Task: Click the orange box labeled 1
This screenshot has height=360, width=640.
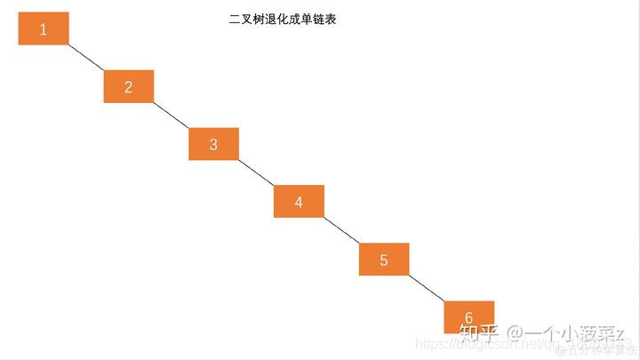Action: click(43, 28)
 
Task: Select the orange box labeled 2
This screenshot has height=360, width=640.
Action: click(128, 86)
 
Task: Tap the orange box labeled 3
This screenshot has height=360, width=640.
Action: click(213, 144)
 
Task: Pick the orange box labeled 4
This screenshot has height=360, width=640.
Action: click(299, 202)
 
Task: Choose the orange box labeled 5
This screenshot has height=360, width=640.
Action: click(384, 260)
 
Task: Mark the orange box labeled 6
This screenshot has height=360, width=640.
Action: click(468, 317)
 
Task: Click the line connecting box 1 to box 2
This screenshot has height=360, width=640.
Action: click(86, 58)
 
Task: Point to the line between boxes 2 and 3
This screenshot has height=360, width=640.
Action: click(171, 115)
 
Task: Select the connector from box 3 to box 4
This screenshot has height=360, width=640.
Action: click(256, 172)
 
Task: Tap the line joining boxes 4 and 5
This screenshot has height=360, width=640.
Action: click(341, 230)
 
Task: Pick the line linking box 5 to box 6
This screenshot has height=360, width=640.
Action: click(427, 288)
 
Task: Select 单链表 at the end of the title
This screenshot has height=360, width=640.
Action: click(319, 19)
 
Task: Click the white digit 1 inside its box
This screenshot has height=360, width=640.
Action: click(43, 29)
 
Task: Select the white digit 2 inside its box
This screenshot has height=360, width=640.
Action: click(128, 87)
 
